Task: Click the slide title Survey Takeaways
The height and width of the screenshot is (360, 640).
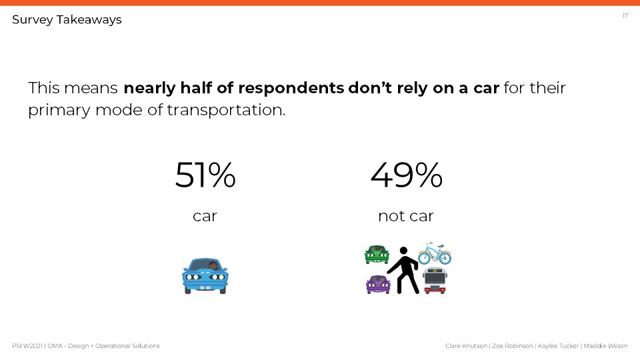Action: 67,20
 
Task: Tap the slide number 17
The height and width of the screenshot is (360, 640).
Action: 625,15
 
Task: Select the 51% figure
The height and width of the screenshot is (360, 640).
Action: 205,175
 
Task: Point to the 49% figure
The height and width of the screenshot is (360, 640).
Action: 406,175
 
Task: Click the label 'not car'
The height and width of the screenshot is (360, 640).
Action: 405,216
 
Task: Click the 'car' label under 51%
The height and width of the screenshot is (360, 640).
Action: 205,216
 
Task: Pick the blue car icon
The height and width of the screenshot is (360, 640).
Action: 205,275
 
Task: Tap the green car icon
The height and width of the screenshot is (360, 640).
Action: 377,254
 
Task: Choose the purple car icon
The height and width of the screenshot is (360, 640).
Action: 378,284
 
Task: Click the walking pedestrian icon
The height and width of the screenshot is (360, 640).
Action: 404,270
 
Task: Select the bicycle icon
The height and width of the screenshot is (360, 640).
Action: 435,253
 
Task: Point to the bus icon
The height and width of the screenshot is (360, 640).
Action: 435,281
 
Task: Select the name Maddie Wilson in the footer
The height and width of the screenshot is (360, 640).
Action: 607,346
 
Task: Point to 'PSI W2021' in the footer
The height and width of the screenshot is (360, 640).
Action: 27,346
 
